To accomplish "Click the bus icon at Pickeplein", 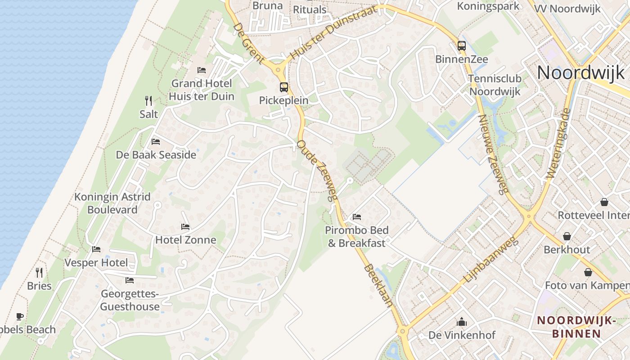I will point(283,87).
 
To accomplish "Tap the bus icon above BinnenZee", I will point(461,45).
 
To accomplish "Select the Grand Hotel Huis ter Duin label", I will point(201,90).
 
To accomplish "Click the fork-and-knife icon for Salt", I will point(148,100).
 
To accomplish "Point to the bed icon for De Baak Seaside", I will point(156,141).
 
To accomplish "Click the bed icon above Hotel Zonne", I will point(185,226).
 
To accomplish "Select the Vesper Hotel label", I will point(96,262).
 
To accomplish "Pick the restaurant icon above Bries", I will point(39,272).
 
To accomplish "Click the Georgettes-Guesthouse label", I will point(130,300).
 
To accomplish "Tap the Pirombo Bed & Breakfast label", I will point(357,237).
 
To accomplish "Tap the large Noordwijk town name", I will point(580,72).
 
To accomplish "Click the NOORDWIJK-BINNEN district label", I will point(576,327).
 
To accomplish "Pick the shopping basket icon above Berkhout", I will point(567,236).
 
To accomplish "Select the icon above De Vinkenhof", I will point(462,322).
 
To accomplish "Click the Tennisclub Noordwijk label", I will point(495,85).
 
